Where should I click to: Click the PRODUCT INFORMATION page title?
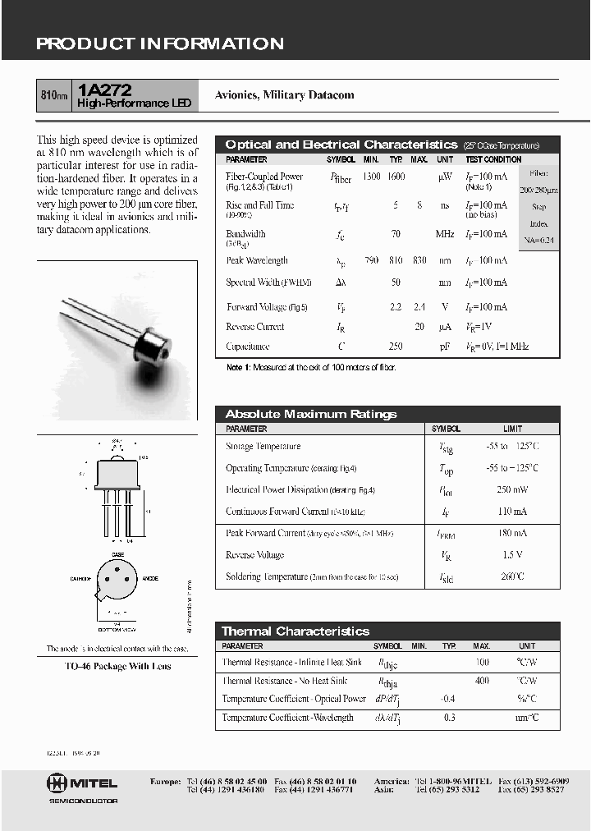(159, 44)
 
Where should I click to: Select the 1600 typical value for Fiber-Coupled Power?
(396, 177)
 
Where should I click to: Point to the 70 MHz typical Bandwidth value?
(396, 234)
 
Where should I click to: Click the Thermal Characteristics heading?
(295, 631)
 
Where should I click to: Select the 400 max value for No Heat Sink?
(482, 681)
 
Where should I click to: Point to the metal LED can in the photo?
(155, 342)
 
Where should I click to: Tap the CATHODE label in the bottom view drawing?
(80, 579)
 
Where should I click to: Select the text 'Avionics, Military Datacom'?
(284, 95)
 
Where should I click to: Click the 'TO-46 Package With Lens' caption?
(117, 666)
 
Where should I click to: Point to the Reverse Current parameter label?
(254, 327)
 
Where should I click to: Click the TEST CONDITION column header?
(493, 159)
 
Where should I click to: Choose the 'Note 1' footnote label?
(237, 367)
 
